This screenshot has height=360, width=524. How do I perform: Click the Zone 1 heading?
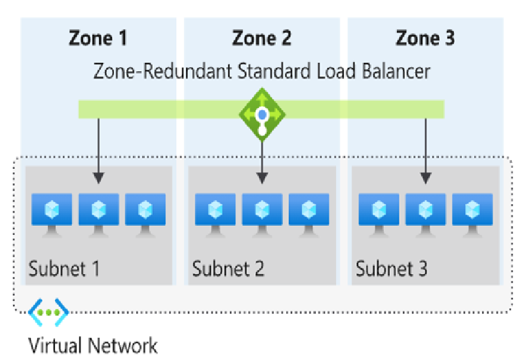click(x=98, y=39)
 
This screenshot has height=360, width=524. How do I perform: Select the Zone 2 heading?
click(x=262, y=39)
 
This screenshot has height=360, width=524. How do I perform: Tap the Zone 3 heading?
click(x=425, y=39)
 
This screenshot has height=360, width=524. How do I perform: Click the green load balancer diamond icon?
click(x=262, y=115)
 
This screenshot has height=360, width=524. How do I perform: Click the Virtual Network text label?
click(x=92, y=345)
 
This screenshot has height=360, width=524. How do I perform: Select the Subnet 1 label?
click(x=64, y=269)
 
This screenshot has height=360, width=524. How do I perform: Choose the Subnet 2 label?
click(x=228, y=269)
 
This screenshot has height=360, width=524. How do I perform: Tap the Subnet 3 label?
click(x=392, y=269)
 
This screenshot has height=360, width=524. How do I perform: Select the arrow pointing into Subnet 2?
click(x=262, y=160)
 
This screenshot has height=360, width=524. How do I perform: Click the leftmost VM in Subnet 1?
click(x=52, y=213)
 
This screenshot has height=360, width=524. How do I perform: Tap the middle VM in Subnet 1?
click(x=98, y=213)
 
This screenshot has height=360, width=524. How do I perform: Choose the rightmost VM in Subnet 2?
click(x=309, y=213)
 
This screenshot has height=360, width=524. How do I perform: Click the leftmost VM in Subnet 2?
click(x=215, y=213)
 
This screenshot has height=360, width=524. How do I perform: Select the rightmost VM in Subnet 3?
click(x=472, y=213)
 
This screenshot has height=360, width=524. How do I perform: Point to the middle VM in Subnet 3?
click(x=426, y=213)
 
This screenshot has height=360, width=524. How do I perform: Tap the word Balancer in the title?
click(x=392, y=71)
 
